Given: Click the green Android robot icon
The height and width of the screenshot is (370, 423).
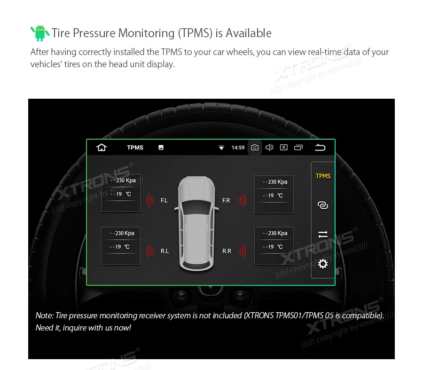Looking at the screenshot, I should click(x=39, y=33).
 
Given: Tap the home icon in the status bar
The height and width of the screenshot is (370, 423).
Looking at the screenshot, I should click(x=102, y=148).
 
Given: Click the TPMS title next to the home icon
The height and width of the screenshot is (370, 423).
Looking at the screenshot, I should click(x=135, y=148).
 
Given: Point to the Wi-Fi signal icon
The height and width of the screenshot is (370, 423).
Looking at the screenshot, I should click(x=221, y=148).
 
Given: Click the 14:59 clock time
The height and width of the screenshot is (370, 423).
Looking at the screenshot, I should click(x=238, y=148).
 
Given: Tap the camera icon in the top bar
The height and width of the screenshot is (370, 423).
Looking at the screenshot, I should click(x=254, y=148).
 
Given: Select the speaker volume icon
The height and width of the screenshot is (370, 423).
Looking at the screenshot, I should click(x=269, y=148).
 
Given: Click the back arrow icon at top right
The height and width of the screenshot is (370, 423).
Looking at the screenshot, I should click(x=320, y=148).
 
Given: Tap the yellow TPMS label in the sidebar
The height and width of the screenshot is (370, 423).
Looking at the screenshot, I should click(x=323, y=176).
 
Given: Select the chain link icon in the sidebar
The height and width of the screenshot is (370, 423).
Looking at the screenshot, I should click(x=323, y=205).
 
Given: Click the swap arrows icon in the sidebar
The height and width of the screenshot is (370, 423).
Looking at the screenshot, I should click(x=323, y=234).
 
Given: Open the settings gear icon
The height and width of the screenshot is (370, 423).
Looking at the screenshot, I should click(x=323, y=264).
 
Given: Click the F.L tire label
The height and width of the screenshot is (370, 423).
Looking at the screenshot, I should click(x=164, y=201).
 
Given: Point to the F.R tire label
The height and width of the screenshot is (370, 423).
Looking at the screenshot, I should click(x=226, y=201).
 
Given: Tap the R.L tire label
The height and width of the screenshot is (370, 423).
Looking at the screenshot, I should click(x=164, y=251).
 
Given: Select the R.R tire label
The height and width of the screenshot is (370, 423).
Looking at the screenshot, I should click(x=227, y=251).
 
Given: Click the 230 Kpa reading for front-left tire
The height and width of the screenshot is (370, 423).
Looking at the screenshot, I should click(x=125, y=180).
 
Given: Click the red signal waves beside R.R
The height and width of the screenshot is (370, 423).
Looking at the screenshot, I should click(x=242, y=251).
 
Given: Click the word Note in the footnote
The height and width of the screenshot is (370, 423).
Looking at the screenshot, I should click(x=44, y=315).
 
